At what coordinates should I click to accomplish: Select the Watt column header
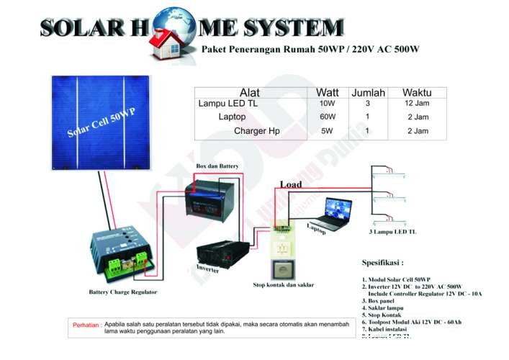[327, 93]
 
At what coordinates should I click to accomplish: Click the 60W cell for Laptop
[327, 117]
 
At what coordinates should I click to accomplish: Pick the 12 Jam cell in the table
[417, 104]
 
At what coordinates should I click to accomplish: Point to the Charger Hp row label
[256, 131]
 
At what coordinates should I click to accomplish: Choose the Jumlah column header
[368, 93]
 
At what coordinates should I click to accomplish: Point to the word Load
[291, 185]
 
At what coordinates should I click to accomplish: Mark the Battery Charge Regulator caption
[122, 292]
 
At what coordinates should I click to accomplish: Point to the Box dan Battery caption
[217, 166]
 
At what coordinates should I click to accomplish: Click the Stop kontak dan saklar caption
[284, 285]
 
